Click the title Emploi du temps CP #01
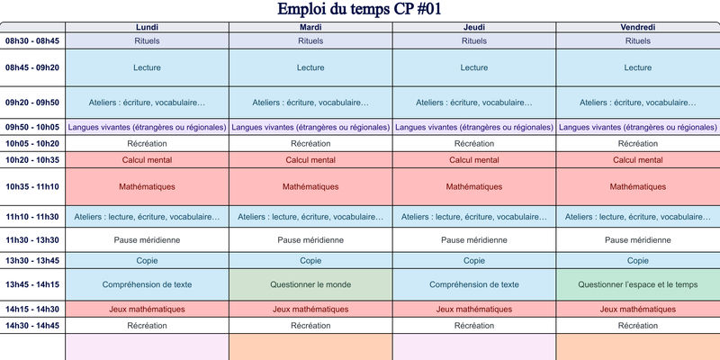(x=359, y=10)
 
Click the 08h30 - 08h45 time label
(x=32, y=41)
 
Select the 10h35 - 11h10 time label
(x=32, y=187)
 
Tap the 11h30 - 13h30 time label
(x=32, y=240)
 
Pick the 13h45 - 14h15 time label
(x=32, y=284)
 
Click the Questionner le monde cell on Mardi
(x=310, y=284)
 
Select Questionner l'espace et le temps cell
(x=637, y=284)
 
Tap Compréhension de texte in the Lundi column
(x=147, y=284)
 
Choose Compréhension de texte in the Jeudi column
(x=474, y=284)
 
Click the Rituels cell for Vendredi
(x=637, y=41)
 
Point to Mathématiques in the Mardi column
(x=310, y=187)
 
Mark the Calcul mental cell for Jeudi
(x=474, y=160)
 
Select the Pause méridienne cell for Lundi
(x=147, y=240)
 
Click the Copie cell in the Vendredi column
(x=637, y=261)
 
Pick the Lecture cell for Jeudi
(x=474, y=67)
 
